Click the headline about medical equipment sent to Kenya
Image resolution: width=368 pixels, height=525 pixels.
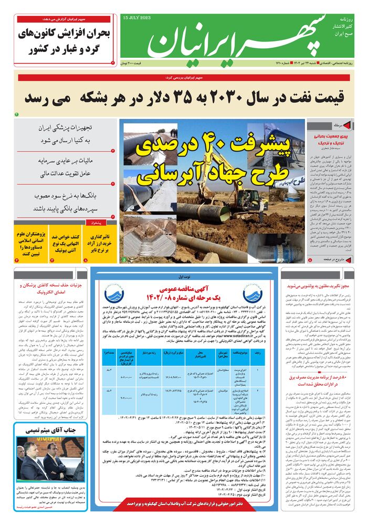[66, 134]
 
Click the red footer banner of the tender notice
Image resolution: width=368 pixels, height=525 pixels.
[183, 503]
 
